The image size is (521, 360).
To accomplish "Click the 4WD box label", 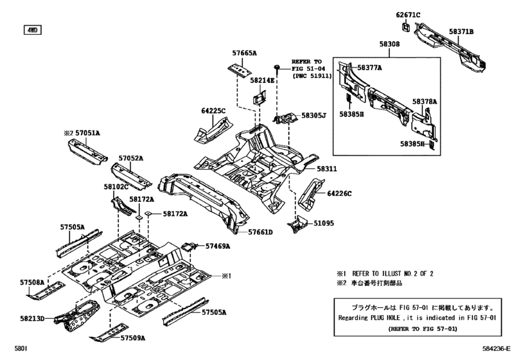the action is coord(32,30).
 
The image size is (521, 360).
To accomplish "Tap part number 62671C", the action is coord(408,15).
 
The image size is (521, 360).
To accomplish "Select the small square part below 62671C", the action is coord(407,27).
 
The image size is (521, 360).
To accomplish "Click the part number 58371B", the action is coord(461,32).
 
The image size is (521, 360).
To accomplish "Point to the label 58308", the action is coord(389,44).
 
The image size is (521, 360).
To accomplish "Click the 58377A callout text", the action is coord(369,67).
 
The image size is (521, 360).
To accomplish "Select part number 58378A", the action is coord(425,102).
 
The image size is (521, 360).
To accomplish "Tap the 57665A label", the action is coord(244,53).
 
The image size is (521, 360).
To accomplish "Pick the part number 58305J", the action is coord(313,115).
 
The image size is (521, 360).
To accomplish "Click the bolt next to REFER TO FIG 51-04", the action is coord(276,67).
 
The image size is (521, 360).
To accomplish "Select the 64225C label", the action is coord(213,111).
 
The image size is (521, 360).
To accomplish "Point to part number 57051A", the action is coord(87,133).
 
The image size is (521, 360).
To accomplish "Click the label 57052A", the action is coord(131,158).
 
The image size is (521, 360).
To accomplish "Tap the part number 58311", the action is coord(326,169).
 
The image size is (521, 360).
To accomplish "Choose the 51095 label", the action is coord(324,223).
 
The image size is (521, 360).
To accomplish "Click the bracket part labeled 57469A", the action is coord(189,247).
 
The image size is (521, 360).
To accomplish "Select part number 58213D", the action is coord(32,318).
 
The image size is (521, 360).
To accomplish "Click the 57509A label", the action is coord(132,338).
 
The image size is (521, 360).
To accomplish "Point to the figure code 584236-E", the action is coord(496,348).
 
